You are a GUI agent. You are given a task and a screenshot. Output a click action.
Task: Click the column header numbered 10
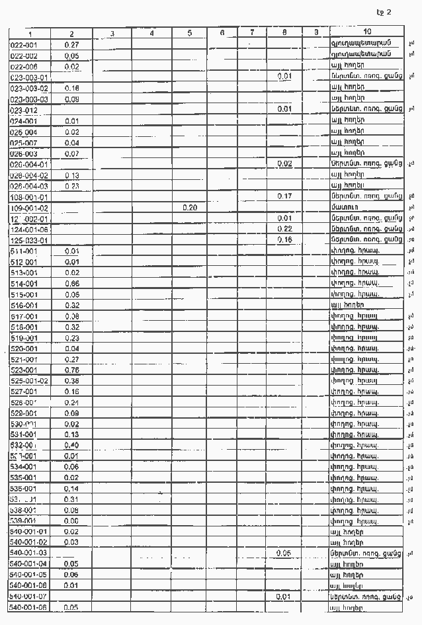pyautogui.click(x=367, y=32)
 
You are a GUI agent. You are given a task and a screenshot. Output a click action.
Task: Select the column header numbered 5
pyautogui.click(x=190, y=33)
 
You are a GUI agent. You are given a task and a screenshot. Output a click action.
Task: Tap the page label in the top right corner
pyautogui.click(x=384, y=12)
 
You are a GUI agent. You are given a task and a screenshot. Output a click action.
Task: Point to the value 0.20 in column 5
pyautogui.click(x=190, y=208)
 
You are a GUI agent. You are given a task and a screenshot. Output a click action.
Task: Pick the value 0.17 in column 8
pyautogui.click(x=284, y=196)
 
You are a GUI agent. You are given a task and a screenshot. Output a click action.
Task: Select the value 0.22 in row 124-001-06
pyautogui.click(x=284, y=229)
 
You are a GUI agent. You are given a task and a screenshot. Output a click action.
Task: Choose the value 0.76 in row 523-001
pyautogui.click(x=72, y=370)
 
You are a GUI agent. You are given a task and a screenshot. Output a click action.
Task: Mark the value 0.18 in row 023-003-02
pyautogui.click(x=72, y=88)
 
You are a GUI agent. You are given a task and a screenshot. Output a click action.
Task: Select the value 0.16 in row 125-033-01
pyautogui.click(x=284, y=240)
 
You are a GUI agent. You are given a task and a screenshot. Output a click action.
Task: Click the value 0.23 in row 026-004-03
pyautogui.click(x=72, y=186)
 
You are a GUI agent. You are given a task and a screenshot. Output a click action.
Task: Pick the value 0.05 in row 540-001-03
pyautogui.click(x=284, y=552)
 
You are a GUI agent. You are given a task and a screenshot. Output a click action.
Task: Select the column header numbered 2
pyautogui.click(x=72, y=33)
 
